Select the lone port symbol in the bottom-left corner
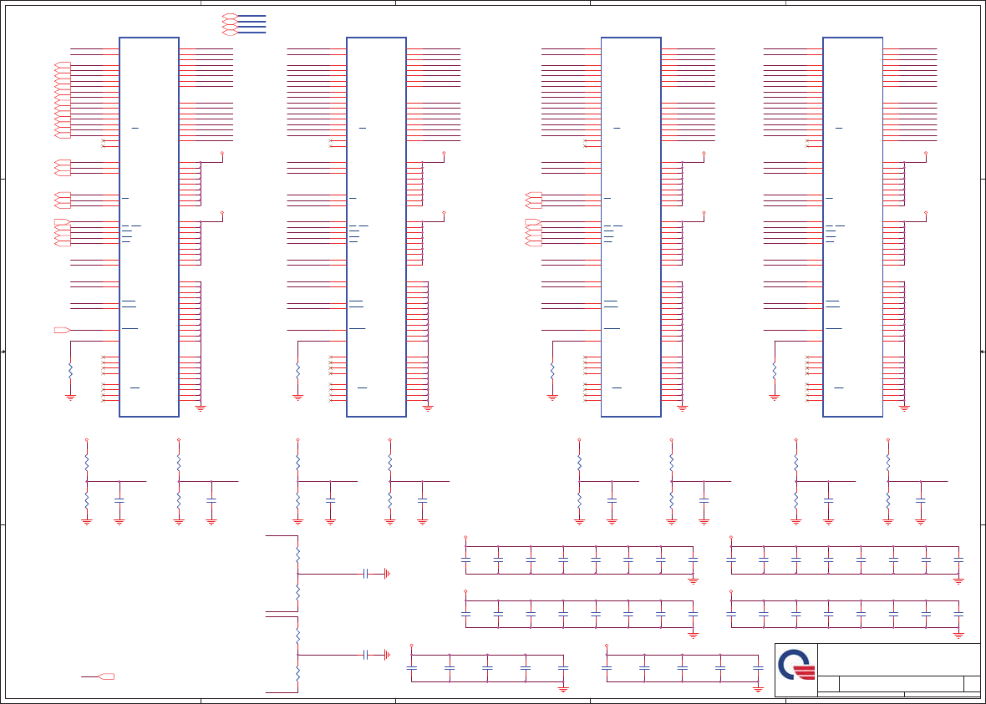tap(106, 676)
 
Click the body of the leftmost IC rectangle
tap(149, 226)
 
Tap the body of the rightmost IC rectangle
tap(852, 226)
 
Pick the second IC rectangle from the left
tap(376, 226)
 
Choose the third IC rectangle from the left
tap(631, 226)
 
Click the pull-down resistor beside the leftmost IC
tap(70, 369)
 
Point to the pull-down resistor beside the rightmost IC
tap(775, 369)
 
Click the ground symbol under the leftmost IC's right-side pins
tap(201, 408)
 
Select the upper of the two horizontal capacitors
tap(366, 574)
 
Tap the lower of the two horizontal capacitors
tap(366, 655)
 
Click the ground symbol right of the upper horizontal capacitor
tap(387, 574)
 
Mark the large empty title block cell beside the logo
tap(898, 659)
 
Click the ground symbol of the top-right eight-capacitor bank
tap(958, 580)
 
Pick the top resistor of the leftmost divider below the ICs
tap(86, 462)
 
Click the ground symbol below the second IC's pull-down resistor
tap(297, 398)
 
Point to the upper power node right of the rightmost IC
tap(926, 154)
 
